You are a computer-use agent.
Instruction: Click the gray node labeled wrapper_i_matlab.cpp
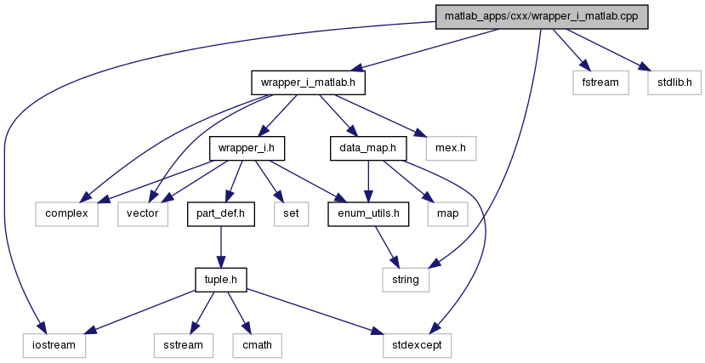click(542, 17)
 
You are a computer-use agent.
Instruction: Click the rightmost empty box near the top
click(674, 82)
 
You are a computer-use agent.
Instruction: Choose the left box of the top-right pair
click(600, 82)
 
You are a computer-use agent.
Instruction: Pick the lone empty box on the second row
click(451, 148)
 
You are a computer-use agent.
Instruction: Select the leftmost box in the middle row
click(66, 214)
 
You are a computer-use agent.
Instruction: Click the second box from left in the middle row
click(143, 214)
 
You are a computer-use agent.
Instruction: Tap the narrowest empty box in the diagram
click(291, 214)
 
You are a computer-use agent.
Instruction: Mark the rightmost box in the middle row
click(447, 214)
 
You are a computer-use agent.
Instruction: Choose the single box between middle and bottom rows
click(406, 280)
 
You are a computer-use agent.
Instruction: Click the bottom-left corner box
click(54, 345)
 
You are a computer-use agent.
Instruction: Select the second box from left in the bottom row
click(183, 345)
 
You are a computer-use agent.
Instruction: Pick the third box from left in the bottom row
click(257, 345)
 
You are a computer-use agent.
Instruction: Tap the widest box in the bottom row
click(417, 345)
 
